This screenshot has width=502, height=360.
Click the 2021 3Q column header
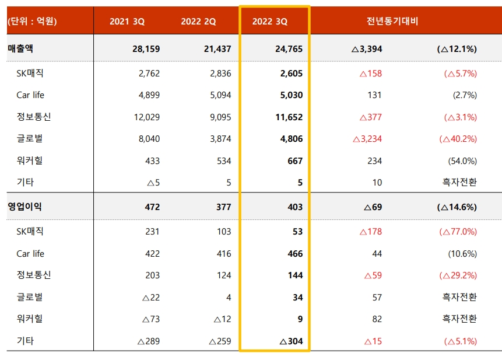coord(127,22)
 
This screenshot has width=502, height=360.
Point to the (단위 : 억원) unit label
coord(32,22)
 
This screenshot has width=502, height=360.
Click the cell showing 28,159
coord(146,49)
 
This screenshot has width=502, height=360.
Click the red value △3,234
coord(367,139)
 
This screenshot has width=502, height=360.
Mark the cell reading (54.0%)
coord(462,160)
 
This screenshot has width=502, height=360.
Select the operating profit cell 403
coord(294,207)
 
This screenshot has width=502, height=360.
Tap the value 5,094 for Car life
coord(220,95)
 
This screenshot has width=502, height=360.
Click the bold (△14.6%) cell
coord(457,207)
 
